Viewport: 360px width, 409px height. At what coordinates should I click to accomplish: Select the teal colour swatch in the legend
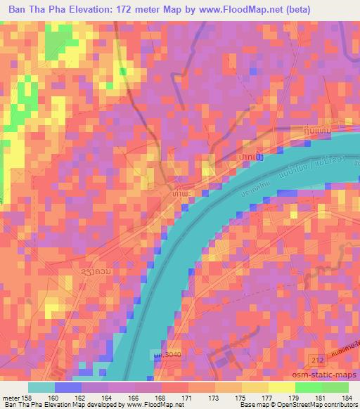41,387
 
